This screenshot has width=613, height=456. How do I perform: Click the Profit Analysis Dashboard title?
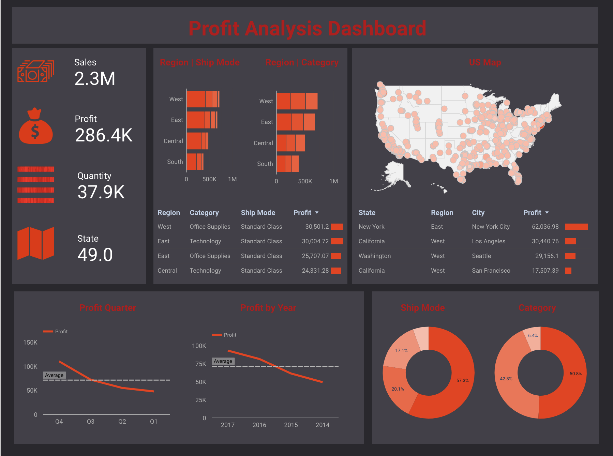(307, 28)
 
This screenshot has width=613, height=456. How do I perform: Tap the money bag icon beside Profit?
(35, 126)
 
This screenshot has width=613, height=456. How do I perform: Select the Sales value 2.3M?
(95, 79)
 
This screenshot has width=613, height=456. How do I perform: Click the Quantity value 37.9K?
(101, 192)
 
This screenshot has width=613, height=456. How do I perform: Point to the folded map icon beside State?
(36, 243)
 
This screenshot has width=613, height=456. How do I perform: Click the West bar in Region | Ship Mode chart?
(203, 99)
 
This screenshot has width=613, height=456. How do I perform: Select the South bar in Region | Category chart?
(287, 164)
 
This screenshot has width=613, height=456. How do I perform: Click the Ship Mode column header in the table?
(258, 213)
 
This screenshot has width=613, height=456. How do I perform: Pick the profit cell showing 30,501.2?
(317, 227)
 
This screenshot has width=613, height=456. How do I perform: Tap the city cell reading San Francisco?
(491, 271)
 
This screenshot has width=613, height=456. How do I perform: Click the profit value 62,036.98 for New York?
(545, 227)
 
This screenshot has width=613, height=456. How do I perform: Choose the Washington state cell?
(374, 256)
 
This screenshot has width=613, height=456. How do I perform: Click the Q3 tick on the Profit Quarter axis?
(90, 422)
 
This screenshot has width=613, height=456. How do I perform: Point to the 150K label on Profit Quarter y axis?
(30, 343)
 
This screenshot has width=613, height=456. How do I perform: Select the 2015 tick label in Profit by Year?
(291, 425)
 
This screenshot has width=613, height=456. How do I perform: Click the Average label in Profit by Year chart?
(223, 361)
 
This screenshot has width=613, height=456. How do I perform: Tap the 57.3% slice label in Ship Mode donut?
(462, 381)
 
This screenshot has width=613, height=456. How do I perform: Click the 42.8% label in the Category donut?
(506, 379)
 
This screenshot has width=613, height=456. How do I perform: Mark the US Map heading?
(485, 62)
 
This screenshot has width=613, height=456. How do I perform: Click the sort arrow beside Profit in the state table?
(547, 213)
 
